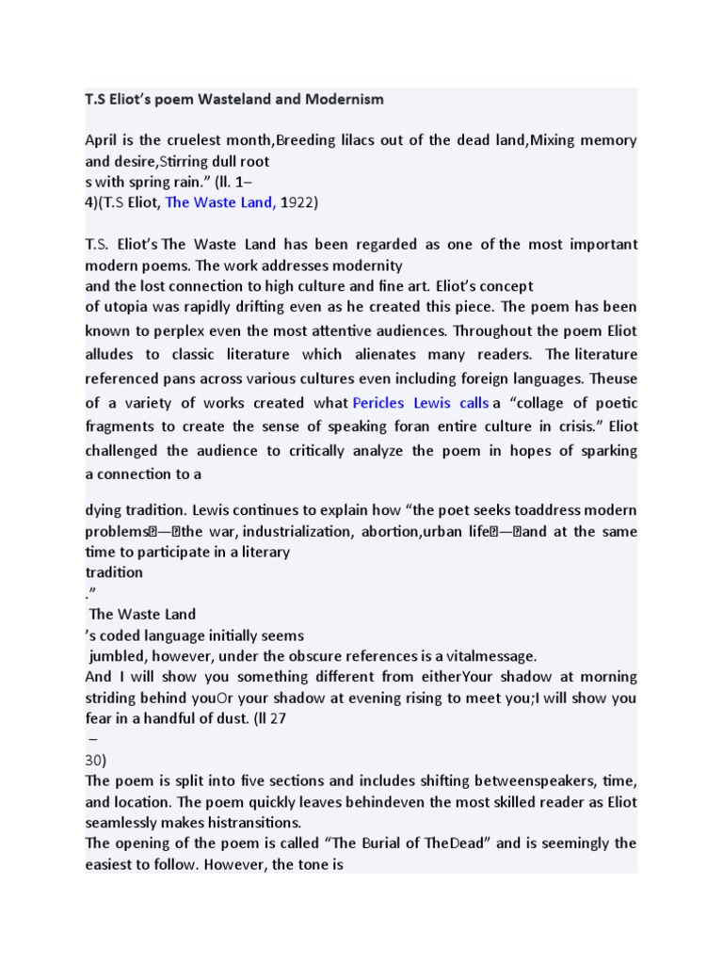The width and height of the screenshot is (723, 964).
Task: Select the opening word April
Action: tap(103, 140)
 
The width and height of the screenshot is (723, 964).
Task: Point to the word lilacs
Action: tap(354, 140)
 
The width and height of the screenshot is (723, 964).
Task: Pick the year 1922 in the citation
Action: tap(298, 201)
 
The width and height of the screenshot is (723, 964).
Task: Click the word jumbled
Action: tap(119, 655)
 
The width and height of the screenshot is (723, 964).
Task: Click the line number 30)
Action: tap(97, 760)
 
